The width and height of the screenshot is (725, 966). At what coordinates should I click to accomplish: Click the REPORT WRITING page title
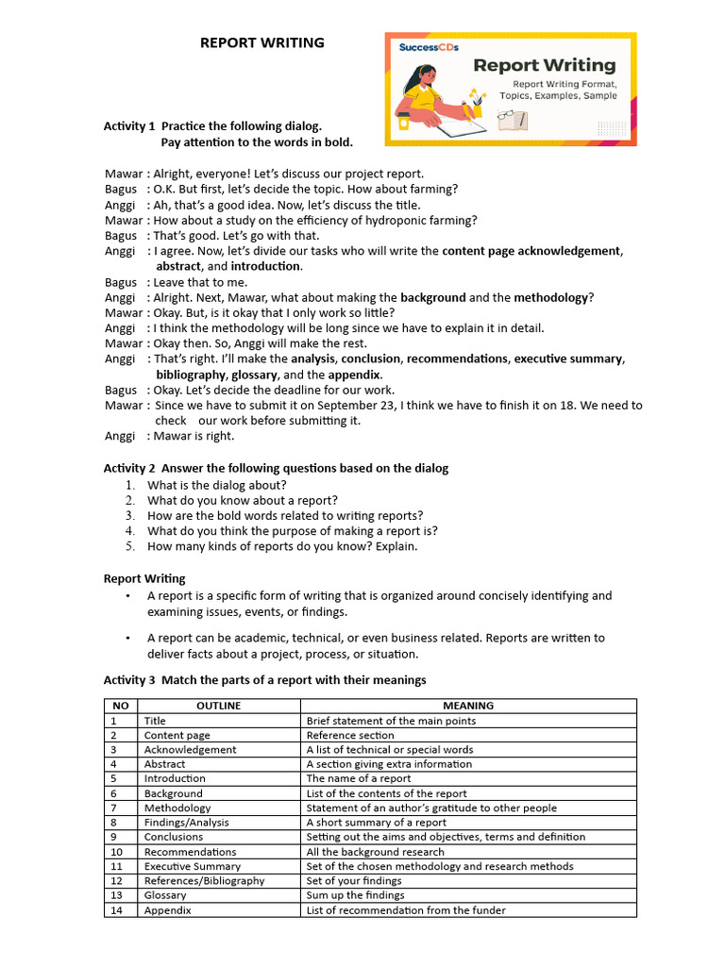click(x=261, y=42)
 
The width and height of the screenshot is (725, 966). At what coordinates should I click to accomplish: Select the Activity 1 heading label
click(x=129, y=126)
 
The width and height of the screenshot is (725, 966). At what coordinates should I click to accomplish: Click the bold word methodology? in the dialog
click(x=553, y=297)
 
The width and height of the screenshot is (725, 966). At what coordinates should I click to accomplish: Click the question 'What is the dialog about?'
click(x=216, y=485)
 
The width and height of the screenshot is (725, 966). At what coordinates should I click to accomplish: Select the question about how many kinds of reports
click(x=281, y=546)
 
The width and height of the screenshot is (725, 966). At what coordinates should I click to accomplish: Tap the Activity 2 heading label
click(x=129, y=469)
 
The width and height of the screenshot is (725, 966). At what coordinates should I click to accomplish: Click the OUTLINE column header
click(x=218, y=706)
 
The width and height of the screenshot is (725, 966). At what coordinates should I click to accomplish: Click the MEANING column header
click(x=468, y=706)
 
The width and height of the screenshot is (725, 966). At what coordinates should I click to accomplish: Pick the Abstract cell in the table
click(x=164, y=764)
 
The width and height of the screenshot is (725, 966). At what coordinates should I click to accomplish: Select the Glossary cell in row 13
click(x=165, y=895)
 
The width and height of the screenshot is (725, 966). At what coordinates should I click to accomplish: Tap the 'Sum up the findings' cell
click(x=355, y=895)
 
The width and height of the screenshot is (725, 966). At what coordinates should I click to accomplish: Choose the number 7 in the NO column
click(x=113, y=808)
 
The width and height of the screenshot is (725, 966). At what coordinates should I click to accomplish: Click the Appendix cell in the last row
click(x=167, y=910)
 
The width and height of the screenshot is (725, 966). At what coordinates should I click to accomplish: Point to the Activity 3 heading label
click(x=129, y=680)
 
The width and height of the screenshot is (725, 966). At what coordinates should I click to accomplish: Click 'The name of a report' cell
click(x=358, y=778)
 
